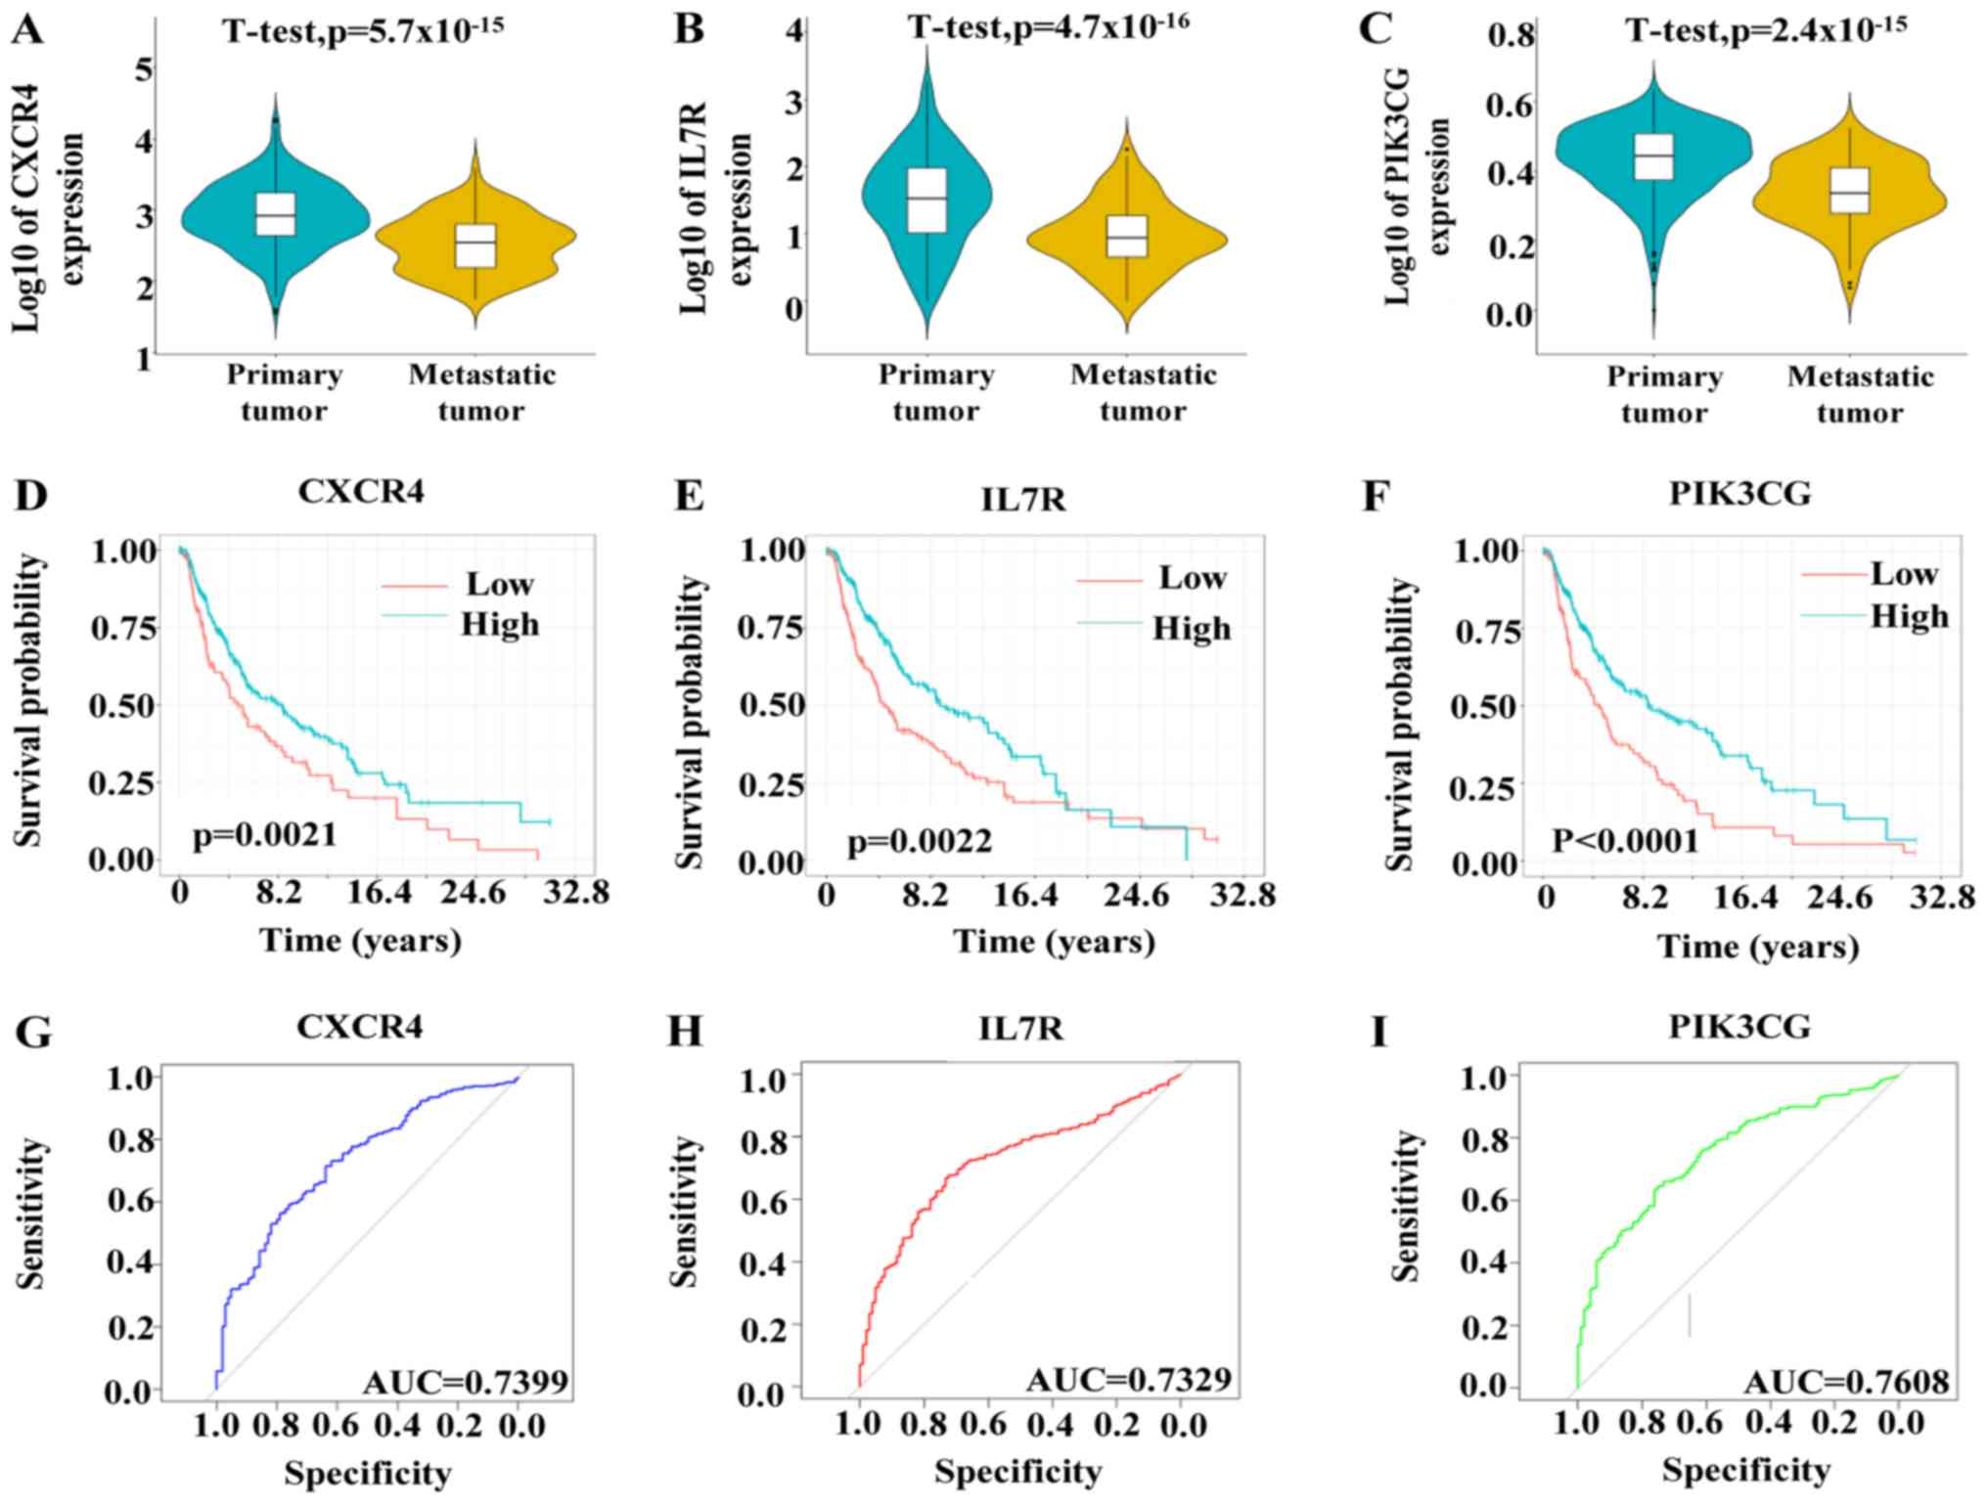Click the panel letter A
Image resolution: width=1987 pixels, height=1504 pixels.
click(28, 28)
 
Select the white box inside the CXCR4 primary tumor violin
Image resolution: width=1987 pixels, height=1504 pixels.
click(276, 214)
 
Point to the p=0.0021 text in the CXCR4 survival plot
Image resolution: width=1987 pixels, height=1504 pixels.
click(264, 835)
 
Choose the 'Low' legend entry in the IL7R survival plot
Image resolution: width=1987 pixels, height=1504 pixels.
click(1192, 578)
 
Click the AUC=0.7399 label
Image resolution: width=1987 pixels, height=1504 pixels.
click(466, 1382)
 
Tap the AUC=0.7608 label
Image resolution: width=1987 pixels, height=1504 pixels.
click(1846, 1382)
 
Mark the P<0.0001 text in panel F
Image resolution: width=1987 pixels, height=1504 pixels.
click(1625, 840)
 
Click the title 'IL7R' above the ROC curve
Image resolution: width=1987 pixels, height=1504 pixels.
click(1021, 1028)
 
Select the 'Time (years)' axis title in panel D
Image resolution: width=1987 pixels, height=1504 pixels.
click(360, 941)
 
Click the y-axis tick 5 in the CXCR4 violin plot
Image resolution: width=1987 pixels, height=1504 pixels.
click(144, 69)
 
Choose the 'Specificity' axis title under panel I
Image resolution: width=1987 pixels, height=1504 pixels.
click(1745, 1470)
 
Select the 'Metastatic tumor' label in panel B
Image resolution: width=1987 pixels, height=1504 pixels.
click(1143, 392)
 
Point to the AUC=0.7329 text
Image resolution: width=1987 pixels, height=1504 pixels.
click(1128, 1380)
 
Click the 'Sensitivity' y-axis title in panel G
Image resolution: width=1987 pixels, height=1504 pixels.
click(30, 1213)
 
